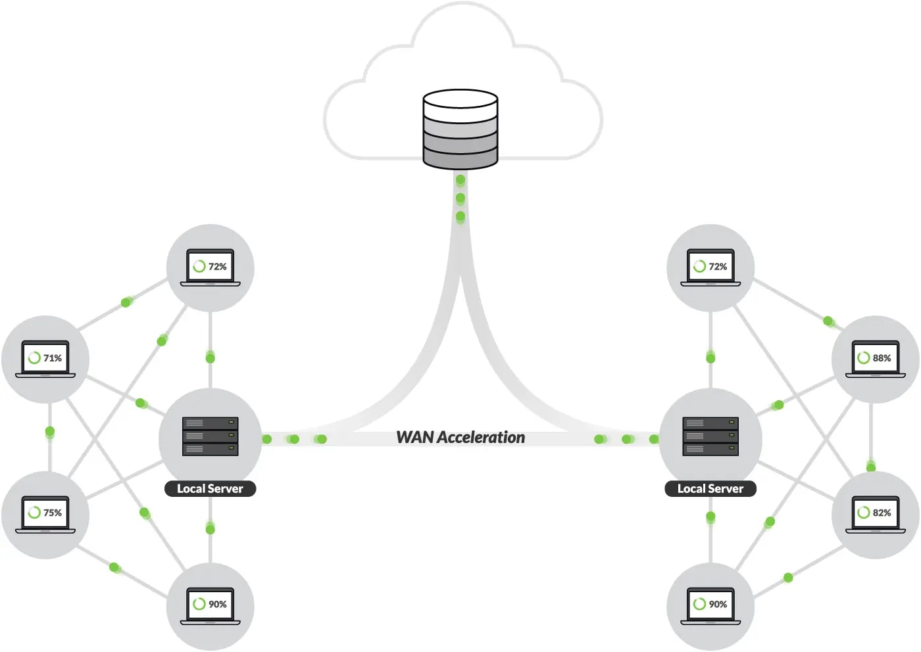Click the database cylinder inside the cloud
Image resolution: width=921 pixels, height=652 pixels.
[460, 129]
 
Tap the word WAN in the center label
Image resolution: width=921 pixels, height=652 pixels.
[414, 437]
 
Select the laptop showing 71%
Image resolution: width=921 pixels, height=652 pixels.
[45, 359]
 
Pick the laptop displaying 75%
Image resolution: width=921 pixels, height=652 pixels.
[45, 513]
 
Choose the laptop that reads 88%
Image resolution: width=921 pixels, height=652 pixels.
[875, 359]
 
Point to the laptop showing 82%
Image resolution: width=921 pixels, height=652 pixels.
[875, 513]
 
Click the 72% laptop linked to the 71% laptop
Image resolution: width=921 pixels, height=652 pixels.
[210, 268]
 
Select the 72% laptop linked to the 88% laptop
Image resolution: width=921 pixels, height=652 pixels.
[710, 268]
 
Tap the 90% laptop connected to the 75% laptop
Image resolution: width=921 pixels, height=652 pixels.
[210, 605]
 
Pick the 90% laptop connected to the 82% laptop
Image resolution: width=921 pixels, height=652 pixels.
[710, 605]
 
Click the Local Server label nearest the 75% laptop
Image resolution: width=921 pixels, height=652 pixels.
[210, 488]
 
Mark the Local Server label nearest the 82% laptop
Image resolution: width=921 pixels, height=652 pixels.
[710, 488]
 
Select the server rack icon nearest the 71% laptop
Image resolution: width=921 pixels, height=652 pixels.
[210, 436]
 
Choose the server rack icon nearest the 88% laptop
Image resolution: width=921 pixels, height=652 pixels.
[710, 436]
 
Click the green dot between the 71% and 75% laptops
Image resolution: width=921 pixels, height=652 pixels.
[49, 432]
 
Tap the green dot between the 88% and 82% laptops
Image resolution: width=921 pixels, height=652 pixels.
[871, 467]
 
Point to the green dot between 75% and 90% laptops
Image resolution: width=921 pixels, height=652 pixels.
[114, 567]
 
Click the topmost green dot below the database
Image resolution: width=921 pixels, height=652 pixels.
[460, 180]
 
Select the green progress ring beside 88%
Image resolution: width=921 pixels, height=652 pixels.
[863, 358]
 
